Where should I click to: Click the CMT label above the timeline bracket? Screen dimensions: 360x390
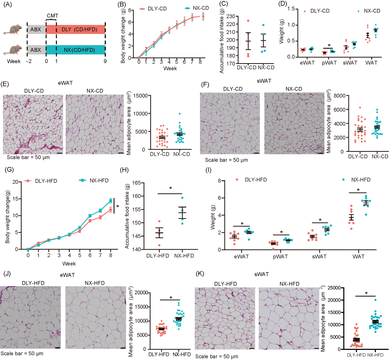click(x=52, y=16)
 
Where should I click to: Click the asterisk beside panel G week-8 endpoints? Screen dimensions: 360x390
click(x=118, y=207)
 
